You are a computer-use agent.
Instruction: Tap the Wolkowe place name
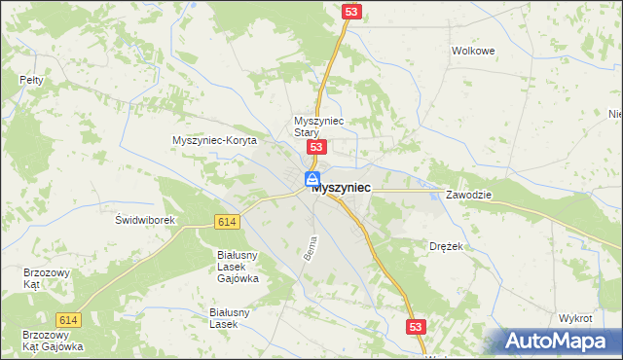pos(474,51)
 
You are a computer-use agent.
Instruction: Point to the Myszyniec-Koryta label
pos(213,140)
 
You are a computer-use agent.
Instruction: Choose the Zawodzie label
pos(469,195)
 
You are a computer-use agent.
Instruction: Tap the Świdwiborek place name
pos(144,220)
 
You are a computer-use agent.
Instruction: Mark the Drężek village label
pos(446,247)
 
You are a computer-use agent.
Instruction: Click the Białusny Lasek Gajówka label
pos(237,266)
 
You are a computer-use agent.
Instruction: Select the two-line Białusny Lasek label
pos(231,318)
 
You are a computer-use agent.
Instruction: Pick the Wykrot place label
pos(575,318)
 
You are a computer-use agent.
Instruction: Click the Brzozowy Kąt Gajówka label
pos(53,341)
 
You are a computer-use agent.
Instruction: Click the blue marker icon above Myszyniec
pos(312,179)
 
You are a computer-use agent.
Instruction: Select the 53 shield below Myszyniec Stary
pos(315,146)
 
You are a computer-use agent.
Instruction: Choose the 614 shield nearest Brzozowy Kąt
pos(68,320)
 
